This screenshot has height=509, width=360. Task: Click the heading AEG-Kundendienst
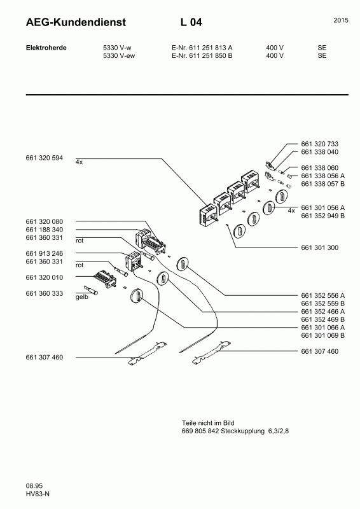tap(76, 22)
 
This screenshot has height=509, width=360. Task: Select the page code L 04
tap(191, 22)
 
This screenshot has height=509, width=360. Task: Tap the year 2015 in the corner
tap(341, 20)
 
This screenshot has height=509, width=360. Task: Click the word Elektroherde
tap(46, 48)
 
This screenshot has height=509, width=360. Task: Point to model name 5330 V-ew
tap(119, 55)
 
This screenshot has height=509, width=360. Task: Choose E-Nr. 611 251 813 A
tap(202, 48)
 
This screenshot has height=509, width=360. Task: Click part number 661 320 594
tap(44, 158)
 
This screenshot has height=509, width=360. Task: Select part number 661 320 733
tap(319, 144)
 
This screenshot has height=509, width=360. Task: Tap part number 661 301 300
tap(319, 248)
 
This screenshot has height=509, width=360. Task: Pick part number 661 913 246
tap(44, 253)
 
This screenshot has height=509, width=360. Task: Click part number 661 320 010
tap(44, 277)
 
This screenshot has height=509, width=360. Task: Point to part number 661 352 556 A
tap(322, 295)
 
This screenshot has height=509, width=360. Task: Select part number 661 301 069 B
tap(322, 335)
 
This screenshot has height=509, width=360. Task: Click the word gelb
tap(82, 297)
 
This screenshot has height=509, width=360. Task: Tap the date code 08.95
tap(34, 486)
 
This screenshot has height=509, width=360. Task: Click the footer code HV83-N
tap(38, 494)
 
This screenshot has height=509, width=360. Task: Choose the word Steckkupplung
tap(242, 431)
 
